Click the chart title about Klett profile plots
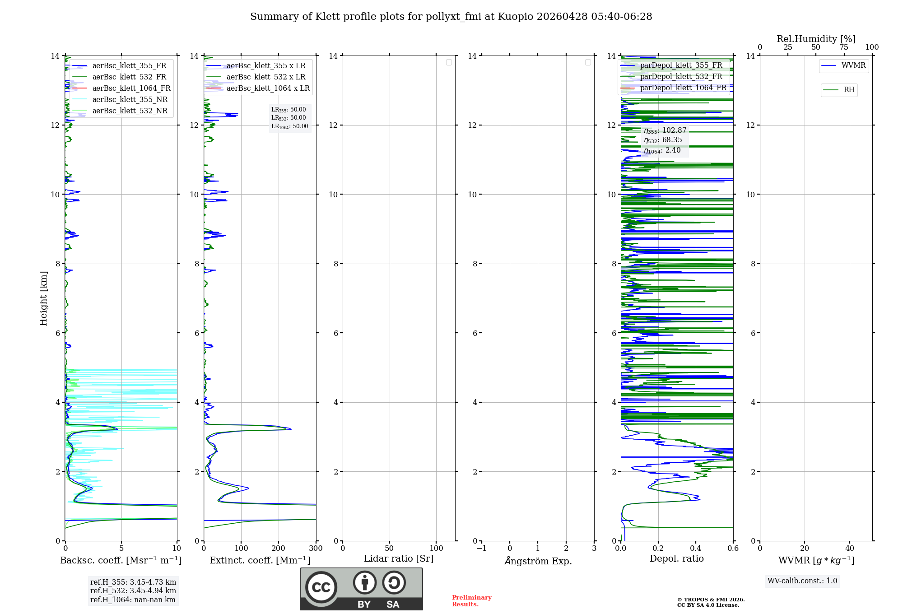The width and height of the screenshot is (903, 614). click(451, 17)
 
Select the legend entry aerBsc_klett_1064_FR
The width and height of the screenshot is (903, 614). click(131, 88)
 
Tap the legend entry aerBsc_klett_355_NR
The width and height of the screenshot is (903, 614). click(130, 100)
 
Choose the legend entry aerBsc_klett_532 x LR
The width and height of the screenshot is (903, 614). click(265, 77)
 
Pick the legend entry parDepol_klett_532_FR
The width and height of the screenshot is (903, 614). click(681, 77)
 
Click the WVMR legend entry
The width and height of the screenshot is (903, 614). click(853, 65)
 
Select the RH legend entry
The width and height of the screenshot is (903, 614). click(848, 90)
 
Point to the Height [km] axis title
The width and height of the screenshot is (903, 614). click(43, 298)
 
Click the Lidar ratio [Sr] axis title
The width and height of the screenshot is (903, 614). click(399, 559)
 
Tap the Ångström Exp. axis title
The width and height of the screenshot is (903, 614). click(538, 561)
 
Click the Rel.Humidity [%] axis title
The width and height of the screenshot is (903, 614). click(816, 39)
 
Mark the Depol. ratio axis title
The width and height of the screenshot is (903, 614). click(676, 559)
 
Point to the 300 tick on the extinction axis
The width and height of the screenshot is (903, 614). click(316, 549)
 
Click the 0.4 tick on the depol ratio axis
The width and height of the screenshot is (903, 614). click(696, 549)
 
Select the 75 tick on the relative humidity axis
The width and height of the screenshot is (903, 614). click(843, 47)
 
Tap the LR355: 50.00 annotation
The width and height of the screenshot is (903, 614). click(289, 110)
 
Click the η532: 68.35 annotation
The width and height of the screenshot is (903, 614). click(663, 140)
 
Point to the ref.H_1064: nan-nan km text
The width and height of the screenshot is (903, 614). click(133, 600)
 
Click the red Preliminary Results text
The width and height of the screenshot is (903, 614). click(471, 601)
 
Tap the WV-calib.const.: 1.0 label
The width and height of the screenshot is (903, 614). click(802, 581)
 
